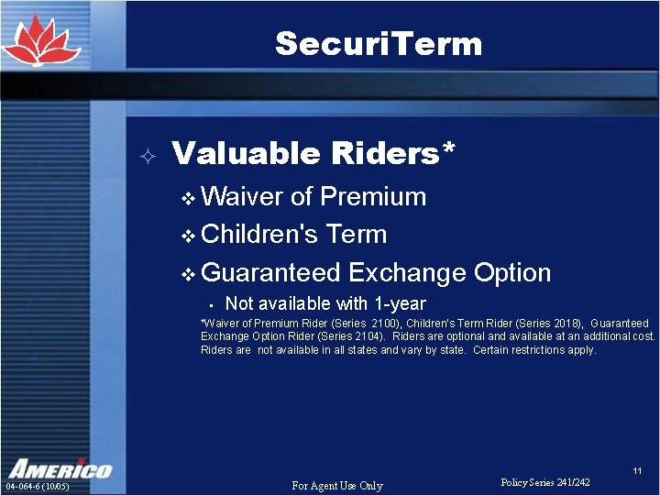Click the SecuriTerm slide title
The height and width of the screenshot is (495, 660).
click(378, 43)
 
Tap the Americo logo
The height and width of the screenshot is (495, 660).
click(60, 467)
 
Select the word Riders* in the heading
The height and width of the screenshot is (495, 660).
click(396, 153)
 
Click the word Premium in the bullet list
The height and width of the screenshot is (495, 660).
click(373, 196)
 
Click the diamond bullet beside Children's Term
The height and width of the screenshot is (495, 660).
click(188, 236)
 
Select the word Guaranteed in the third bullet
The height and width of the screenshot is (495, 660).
click(270, 273)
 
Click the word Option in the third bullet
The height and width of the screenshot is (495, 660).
click(511, 273)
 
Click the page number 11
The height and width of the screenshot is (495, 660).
click(637, 471)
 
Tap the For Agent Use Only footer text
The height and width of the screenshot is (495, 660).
click(336, 485)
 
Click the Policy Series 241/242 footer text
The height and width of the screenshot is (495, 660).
click(545, 482)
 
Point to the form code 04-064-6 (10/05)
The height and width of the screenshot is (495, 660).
click(38, 486)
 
